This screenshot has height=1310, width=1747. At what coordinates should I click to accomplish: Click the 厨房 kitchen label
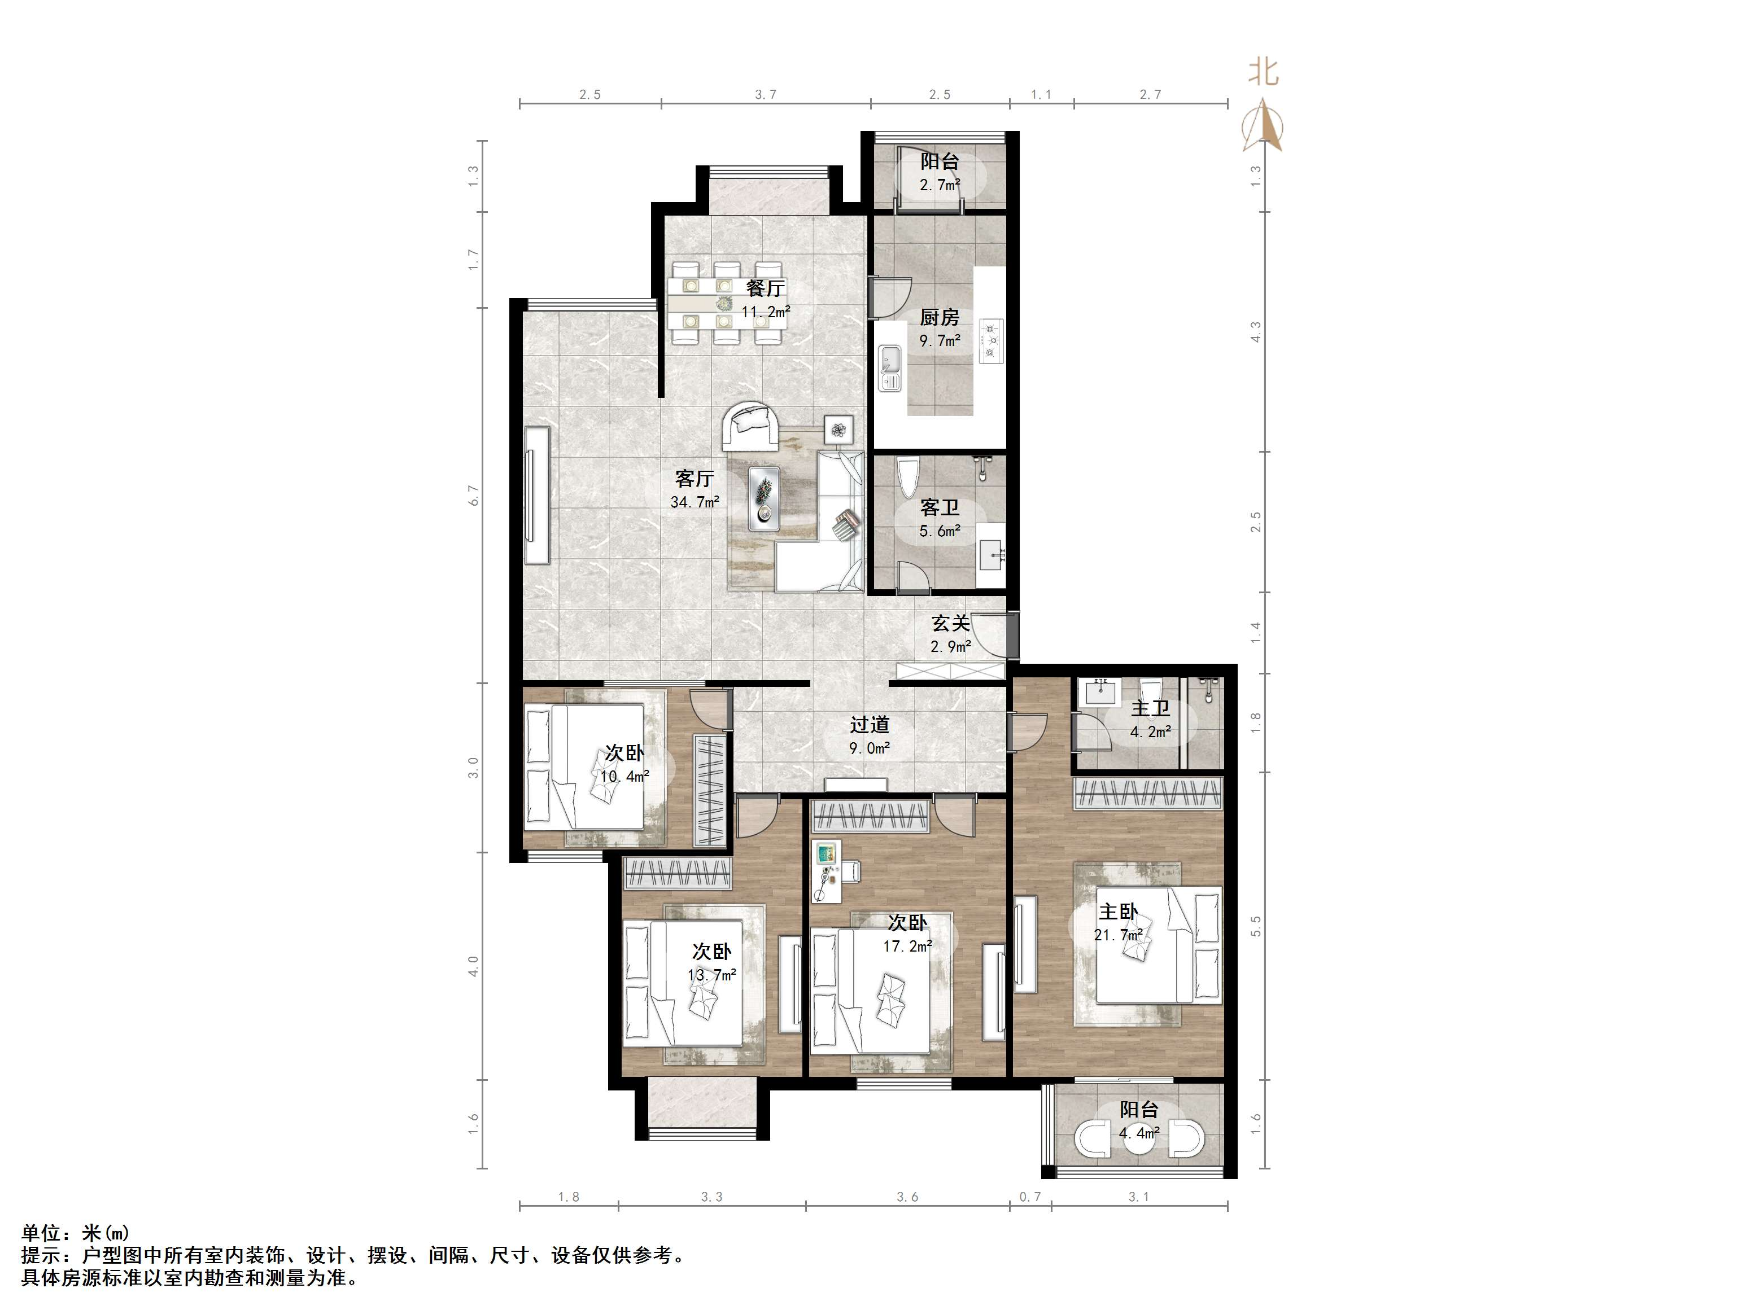tap(939, 317)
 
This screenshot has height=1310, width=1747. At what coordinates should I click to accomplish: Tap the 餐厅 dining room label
tap(765, 288)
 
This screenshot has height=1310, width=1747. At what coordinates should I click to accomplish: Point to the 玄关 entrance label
tap(951, 623)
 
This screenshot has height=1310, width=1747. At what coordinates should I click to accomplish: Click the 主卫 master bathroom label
tap(1150, 708)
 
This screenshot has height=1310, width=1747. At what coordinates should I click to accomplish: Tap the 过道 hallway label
tap(870, 725)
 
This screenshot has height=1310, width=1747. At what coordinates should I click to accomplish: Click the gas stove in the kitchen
tap(990, 340)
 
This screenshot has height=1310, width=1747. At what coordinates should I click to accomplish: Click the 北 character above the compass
tap(1263, 73)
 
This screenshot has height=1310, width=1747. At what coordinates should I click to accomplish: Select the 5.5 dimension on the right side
tap(1256, 926)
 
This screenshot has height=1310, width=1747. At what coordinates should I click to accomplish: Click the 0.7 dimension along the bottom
tap(1030, 1197)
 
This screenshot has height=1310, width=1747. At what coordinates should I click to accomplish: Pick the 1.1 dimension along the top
tap(1041, 95)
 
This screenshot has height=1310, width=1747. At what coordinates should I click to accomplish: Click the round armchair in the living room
tap(750, 427)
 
